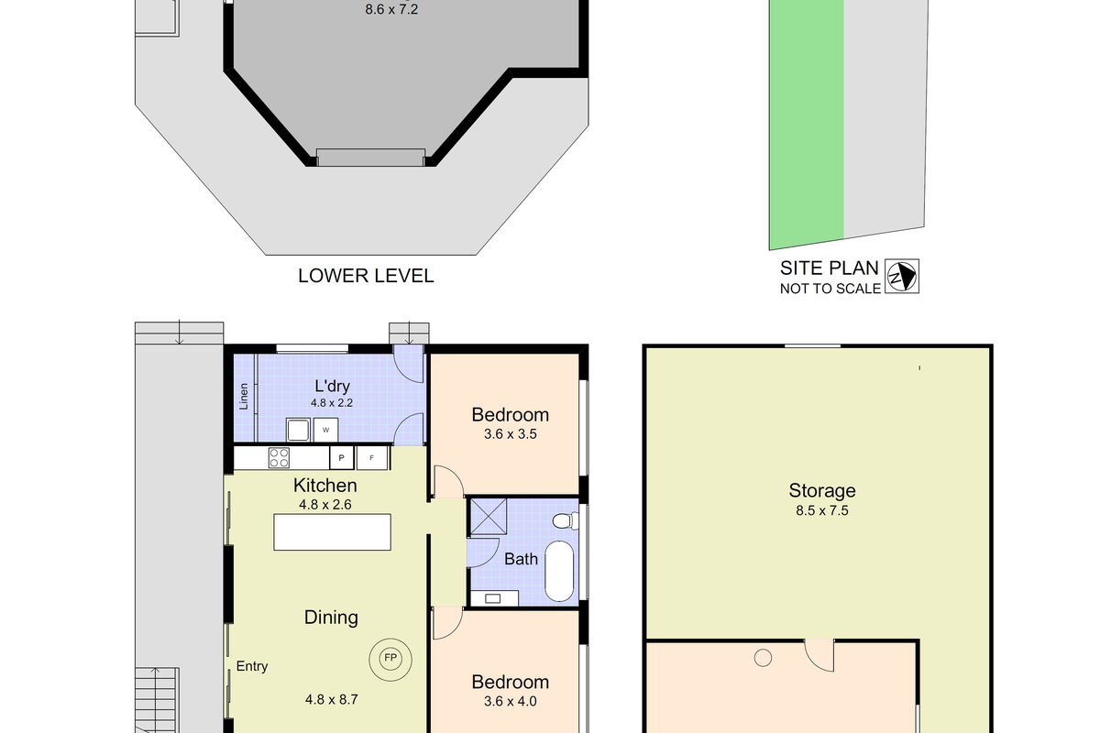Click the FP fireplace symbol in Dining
390,657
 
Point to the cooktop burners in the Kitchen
280,456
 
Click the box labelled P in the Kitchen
342,456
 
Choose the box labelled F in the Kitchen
372,456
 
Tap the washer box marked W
325,428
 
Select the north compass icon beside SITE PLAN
902,276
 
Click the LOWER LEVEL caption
366,276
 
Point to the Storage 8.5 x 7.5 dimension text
822,511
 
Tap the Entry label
252,666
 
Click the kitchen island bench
333,532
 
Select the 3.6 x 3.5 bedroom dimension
510,434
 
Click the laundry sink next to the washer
298,429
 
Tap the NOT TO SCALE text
830,289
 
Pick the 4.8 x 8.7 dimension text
331,699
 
